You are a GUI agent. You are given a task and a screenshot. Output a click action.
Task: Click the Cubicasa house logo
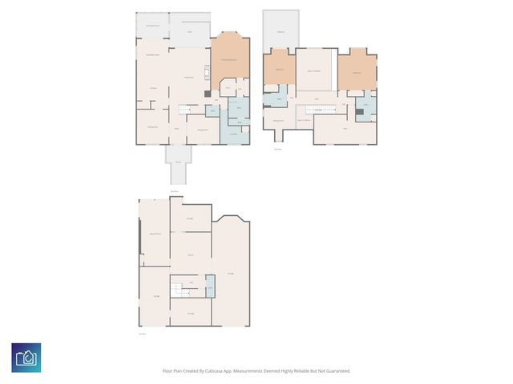pyautogui.click(x=26, y=357)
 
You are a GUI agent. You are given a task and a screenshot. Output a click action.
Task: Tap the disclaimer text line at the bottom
pyautogui.click(x=256, y=370)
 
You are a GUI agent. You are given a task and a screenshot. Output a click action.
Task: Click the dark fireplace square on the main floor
pyautogui.click(x=208, y=94)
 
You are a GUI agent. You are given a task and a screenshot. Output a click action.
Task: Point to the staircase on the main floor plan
pyautogui.click(x=188, y=110)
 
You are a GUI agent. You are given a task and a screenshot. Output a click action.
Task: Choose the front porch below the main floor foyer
pyautogui.click(x=178, y=164)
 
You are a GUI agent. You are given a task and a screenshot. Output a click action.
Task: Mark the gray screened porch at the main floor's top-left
pyautogui.click(x=151, y=25)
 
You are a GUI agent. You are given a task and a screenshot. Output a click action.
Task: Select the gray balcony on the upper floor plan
pyautogui.click(x=281, y=30)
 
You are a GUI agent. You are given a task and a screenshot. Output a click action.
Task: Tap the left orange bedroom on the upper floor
pyautogui.click(x=279, y=70)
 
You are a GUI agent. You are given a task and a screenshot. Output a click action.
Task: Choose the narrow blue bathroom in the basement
pyautogui.click(x=210, y=286)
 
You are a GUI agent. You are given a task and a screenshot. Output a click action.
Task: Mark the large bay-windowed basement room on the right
pyautogui.click(x=231, y=272)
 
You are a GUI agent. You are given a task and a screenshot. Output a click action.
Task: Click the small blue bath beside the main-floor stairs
pyautogui.click(x=213, y=110)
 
